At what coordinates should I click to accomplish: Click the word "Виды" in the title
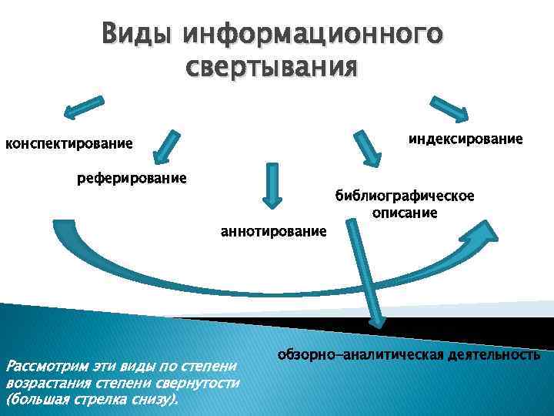point(138,35)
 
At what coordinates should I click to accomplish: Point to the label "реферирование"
point(132,179)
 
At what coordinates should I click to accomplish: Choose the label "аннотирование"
point(273,230)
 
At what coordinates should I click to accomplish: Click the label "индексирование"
point(466,139)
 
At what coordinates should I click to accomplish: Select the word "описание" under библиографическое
point(404,212)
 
